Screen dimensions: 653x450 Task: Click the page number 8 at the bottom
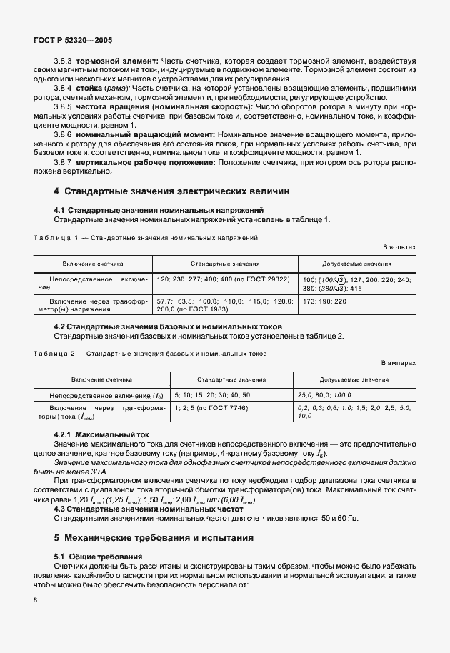(x=36, y=600)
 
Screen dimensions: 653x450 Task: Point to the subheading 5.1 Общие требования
(x=99, y=555)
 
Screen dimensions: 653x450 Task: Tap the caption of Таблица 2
(x=150, y=354)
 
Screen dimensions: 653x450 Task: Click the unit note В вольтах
(x=399, y=246)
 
